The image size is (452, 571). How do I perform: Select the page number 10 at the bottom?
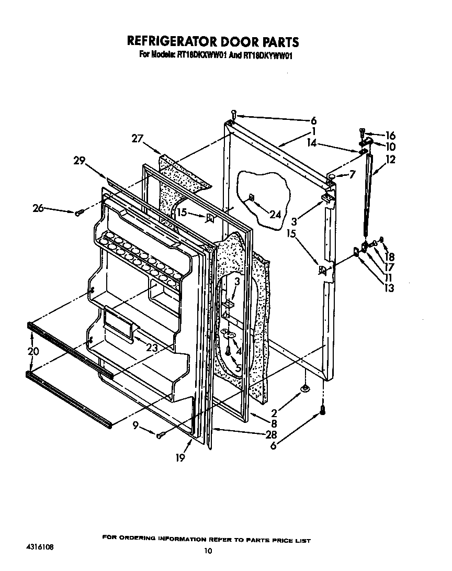click(x=208, y=550)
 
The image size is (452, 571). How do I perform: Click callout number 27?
click(x=138, y=139)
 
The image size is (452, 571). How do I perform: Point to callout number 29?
click(x=80, y=162)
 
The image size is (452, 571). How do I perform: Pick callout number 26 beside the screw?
click(x=39, y=208)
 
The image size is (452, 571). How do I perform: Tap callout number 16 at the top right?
click(x=390, y=136)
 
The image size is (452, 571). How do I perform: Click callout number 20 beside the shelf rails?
click(x=33, y=352)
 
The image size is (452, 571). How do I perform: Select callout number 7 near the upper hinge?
click(x=352, y=174)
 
